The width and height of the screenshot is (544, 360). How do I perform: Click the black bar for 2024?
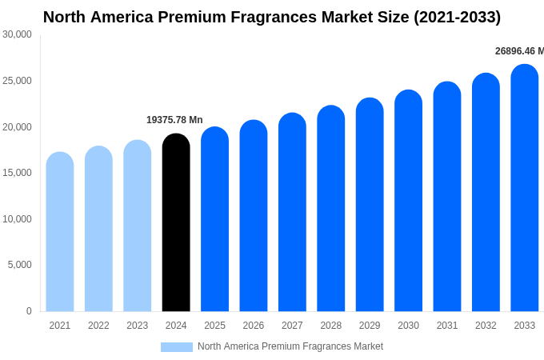coord(176,224)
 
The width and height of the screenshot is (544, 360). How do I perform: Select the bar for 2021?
coord(60,232)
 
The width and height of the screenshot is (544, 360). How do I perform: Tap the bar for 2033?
coord(525,188)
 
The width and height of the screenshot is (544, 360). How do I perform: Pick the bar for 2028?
coord(331,210)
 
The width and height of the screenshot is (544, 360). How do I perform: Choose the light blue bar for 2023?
coord(138,226)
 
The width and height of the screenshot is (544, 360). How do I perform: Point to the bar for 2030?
coord(408,202)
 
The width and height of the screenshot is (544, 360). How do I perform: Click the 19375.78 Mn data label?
coord(174,120)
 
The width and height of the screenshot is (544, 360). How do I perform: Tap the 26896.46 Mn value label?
coord(518,51)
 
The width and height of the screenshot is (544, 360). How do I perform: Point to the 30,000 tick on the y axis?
coord(17,34)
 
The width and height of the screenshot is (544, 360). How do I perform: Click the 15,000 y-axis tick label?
coord(17,173)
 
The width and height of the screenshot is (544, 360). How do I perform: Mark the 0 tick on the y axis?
coord(29,311)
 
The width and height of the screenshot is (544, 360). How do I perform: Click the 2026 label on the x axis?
coord(254,326)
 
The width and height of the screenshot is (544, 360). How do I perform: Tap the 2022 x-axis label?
coord(98,326)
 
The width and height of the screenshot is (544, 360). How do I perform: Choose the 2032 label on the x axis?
coord(486,326)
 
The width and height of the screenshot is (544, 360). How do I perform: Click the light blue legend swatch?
coord(177,347)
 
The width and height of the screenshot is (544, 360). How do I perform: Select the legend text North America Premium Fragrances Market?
coord(290,346)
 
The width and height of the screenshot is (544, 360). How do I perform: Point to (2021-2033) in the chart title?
coord(457,17)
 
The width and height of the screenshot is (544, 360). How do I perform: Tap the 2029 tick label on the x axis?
coord(370,326)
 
